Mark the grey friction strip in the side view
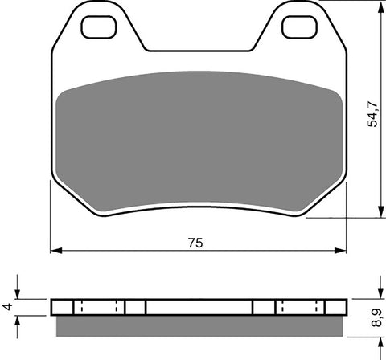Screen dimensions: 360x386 coord(201,325)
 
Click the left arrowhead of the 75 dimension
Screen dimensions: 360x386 coord(55,252)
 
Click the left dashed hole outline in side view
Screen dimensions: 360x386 coord(99,307)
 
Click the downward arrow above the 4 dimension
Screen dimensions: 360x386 coord(20,294)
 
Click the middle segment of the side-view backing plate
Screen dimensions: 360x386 coord(199,307)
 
